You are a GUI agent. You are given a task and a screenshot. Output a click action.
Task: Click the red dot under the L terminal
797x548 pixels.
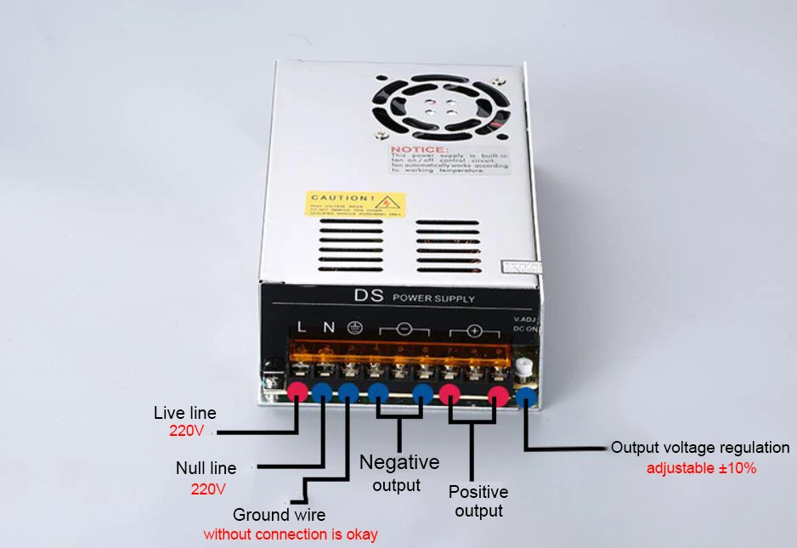pos(297,392)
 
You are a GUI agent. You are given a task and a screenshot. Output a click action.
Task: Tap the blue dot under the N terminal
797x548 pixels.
pos(322,392)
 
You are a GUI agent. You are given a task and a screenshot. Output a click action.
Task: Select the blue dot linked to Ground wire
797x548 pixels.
pos(348,392)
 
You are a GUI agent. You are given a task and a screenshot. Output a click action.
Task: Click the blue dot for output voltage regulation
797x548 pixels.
pos(527,394)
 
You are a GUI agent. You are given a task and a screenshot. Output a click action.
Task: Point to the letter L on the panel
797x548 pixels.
pos(302,326)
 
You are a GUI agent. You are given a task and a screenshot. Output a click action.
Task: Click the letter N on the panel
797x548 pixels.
pos(328,326)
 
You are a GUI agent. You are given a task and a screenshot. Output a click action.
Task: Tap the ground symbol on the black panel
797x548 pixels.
pos(356,327)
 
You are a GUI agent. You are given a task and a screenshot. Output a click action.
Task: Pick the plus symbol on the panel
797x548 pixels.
pos(474,330)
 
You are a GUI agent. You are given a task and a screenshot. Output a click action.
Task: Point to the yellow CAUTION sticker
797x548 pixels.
pos(356,204)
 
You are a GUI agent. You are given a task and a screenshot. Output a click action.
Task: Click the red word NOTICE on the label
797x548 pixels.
pos(414,150)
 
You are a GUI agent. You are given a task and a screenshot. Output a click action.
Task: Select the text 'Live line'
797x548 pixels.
pos(185,414)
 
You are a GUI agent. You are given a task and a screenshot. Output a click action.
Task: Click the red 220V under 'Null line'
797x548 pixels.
pos(208,489)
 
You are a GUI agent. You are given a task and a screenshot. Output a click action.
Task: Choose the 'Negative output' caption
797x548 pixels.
pos(399,472)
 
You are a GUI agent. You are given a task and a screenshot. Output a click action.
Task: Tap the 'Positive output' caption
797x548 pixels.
pos(478,501)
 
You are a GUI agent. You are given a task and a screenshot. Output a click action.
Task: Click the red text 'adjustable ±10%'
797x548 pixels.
pos(701,468)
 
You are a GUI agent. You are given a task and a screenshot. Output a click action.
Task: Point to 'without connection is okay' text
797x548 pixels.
pos(291,535)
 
